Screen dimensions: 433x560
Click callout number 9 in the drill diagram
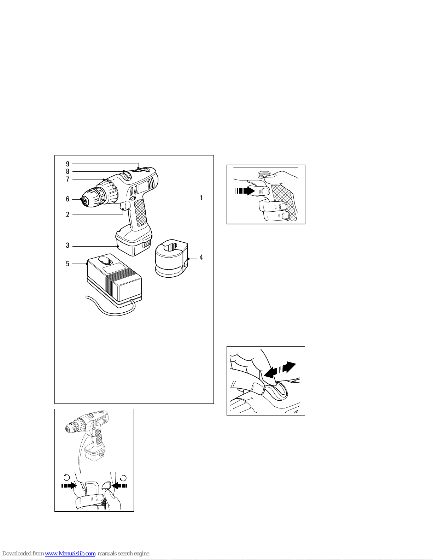[x=68, y=164]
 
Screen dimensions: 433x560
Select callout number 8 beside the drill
[x=68, y=171]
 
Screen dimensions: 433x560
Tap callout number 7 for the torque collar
[x=68, y=179]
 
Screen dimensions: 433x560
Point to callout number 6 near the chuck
[x=68, y=199]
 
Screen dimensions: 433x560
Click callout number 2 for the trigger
[x=68, y=214]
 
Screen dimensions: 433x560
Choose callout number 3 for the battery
[x=68, y=245]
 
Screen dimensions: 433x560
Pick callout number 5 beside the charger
[x=68, y=264]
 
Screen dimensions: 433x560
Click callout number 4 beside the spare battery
[x=201, y=257]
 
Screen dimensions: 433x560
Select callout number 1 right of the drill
[x=201, y=198]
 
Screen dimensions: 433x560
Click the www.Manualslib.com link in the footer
[x=70, y=553]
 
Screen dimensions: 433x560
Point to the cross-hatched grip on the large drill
[x=141, y=212]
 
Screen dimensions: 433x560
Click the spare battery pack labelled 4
[x=172, y=258]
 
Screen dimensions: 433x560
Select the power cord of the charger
[x=111, y=307]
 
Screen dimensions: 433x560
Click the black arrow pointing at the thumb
[x=245, y=191]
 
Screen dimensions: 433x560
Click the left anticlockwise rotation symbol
[x=66, y=478]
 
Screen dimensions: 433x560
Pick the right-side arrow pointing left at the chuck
[x=119, y=485]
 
